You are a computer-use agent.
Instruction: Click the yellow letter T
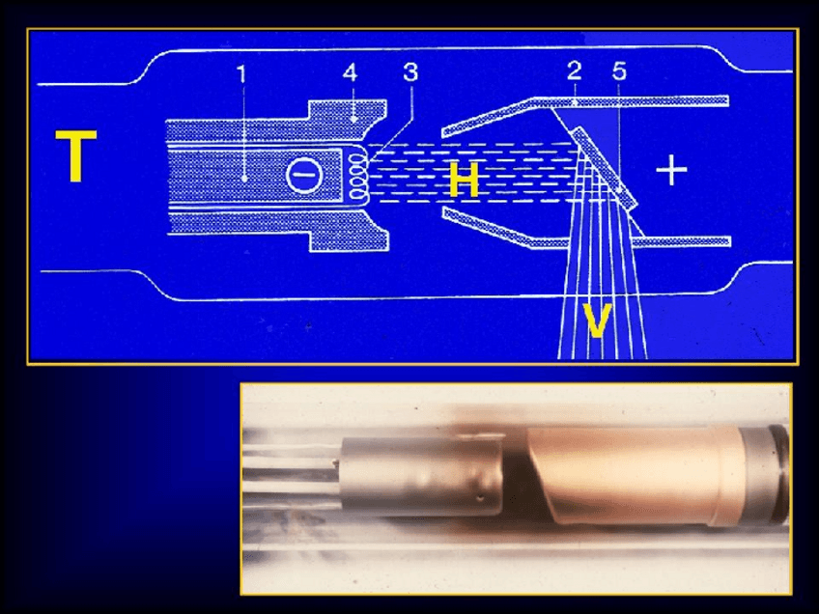[x=76, y=156]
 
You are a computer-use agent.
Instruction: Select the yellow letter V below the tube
[x=597, y=321]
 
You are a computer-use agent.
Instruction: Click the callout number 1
[x=240, y=74]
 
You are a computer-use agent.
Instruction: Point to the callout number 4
[x=351, y=72]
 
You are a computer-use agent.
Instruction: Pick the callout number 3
[x=410, y=72]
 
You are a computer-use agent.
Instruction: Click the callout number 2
[x=574, y=70]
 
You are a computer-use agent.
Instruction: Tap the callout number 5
[x=619, y=70]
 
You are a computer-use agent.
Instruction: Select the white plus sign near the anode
[x=671, y=170]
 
